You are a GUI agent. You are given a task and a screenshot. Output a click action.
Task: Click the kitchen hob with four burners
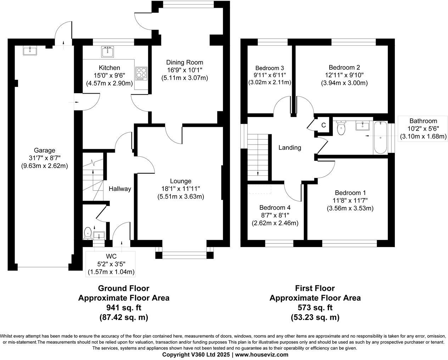141,73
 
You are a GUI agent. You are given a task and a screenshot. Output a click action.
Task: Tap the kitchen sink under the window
107,52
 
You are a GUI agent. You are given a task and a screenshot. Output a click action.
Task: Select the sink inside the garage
29,50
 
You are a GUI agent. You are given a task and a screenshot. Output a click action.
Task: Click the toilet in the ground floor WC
88,233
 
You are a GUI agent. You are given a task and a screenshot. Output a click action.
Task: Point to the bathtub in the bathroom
380,137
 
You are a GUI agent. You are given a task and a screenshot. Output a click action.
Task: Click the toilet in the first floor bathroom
341,128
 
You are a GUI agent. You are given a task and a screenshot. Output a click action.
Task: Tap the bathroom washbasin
362,125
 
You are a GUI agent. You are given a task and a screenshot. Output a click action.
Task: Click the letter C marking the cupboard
323,125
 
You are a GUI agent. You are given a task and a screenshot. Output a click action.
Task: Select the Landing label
290,148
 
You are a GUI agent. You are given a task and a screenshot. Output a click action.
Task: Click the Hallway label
120,189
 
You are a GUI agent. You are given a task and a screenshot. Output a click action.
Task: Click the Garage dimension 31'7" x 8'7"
45,158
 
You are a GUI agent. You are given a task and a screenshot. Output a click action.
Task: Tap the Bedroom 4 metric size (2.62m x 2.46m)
275,223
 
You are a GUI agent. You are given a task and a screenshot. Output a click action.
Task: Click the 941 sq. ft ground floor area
123,308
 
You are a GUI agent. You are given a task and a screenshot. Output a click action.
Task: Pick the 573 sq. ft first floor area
315,308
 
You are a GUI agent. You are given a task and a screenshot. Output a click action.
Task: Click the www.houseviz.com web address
262,355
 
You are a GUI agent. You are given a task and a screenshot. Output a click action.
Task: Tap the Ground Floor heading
123,288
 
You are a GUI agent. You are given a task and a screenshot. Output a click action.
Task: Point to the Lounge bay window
184,253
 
